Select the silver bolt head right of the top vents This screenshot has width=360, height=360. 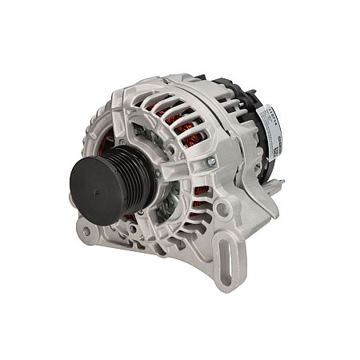pyautogui.click(x=212, y=162)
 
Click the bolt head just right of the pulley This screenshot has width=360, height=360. pyautogui.click(x=158, y=174)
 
